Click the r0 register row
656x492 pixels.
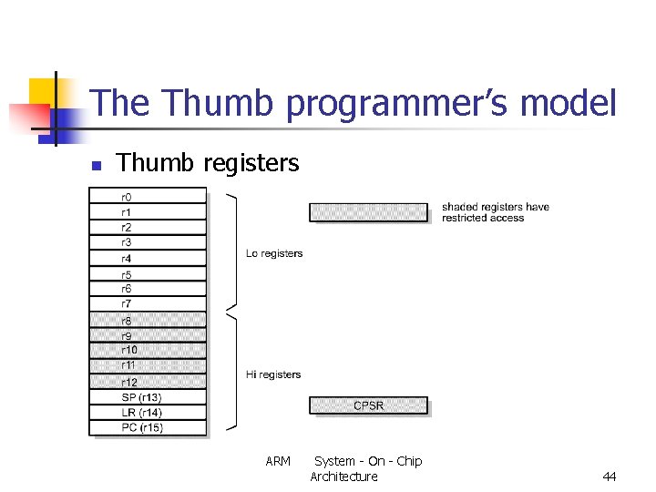(x=147, y=196)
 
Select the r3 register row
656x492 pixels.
(x=147, y=242)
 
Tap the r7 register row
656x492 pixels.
(x=147, y=303)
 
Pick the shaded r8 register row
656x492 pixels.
(x=147, y=321)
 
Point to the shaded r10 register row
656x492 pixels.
(x=147, y=351)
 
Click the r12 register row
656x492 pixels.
(x=147, y=382)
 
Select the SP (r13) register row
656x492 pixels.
(x=147, y=397)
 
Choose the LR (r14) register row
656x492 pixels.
(x=147, y=413)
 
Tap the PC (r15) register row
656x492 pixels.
(x=147, y=428)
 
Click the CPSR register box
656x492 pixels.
(x=368, y=405)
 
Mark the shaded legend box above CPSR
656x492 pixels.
(x=368, y=212)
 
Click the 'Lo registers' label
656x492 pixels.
(x=274, y=253)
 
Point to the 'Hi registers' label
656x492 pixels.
(x=273, y=374)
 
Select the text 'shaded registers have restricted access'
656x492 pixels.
(x=495, y=212)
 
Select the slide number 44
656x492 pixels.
(x=610, y=477)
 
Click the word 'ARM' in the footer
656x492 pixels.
(x=278, y=461)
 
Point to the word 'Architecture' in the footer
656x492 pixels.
(x=343, y=477)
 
